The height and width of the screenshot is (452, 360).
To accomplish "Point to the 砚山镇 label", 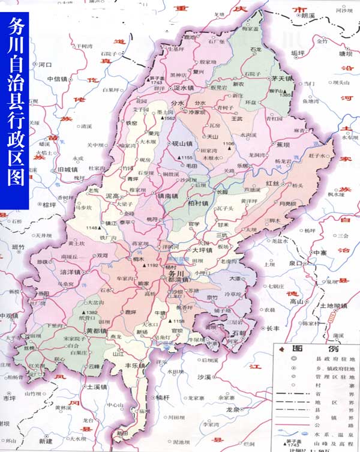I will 181,144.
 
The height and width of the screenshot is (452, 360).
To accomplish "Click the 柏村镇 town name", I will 198,203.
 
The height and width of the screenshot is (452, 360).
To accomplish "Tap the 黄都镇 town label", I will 96,331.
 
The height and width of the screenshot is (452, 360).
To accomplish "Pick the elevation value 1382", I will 92,313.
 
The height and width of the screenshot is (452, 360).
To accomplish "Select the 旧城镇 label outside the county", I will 65,170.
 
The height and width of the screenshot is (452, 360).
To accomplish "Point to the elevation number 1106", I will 229,143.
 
